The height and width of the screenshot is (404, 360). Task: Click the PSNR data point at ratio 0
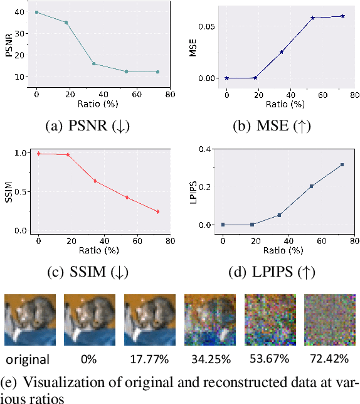(x=36, y=12)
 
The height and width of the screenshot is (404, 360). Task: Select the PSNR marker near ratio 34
(x=94, y=64)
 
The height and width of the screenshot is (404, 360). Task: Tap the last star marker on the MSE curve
(x=342, y=16)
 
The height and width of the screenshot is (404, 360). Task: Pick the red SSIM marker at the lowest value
(x=157, y=211)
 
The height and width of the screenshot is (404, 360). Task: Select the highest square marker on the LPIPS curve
(x=342, y=165)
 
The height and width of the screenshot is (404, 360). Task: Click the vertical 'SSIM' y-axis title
(x=8, y=191)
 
